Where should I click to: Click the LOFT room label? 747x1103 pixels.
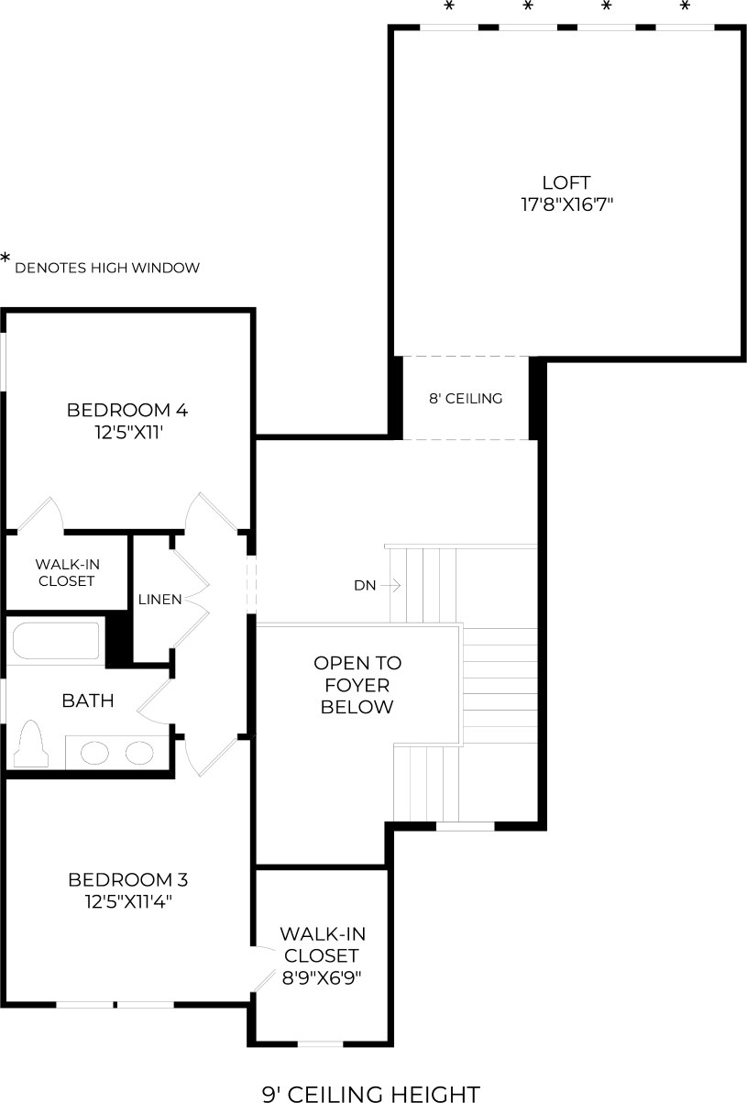(566, 182)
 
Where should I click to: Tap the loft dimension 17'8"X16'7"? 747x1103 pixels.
(566, 204)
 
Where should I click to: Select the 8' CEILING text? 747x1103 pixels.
(466, 398)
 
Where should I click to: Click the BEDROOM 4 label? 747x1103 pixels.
(127, 410)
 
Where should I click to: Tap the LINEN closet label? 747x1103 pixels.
(159, 600)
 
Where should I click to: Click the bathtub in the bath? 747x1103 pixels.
(56, 641)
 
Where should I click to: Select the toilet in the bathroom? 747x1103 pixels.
(31, 744)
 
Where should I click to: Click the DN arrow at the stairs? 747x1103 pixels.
(390, 586)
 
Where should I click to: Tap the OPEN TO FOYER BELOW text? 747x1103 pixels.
(357, 685)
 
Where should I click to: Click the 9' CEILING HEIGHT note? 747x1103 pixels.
(371, 1094)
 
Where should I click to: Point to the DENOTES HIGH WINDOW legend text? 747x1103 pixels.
(107, 268)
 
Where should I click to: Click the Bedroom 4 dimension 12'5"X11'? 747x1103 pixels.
(129, 433)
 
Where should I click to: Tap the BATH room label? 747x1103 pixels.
(88, 700)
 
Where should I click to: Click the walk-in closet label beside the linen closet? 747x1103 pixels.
(68, 573)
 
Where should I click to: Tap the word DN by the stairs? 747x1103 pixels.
(365, 586)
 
